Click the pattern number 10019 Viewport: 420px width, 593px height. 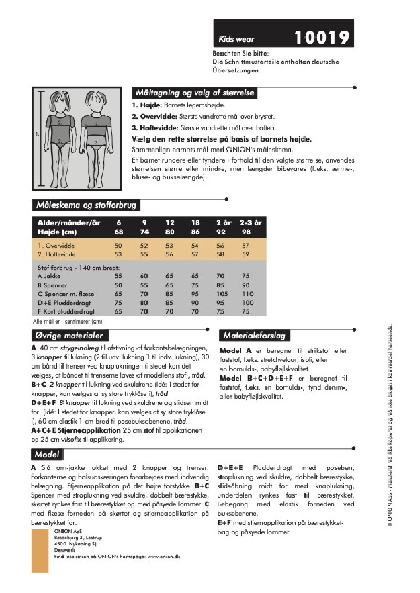click(x=322, y=37)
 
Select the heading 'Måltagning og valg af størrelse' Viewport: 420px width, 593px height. click(x=195, y=93)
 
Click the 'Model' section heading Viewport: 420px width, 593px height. click(x=46, y=454)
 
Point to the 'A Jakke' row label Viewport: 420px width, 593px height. click(x=49, y=276)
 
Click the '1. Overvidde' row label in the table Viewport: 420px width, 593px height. click(x=56, y=245)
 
